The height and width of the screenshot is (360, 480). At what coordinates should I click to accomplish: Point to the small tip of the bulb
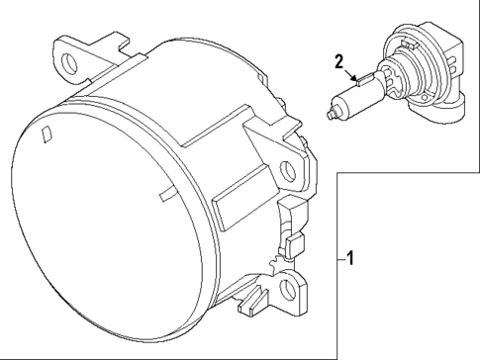pyautogui.click(x=329, y=116)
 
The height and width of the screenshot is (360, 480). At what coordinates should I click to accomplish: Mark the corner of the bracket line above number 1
pyautogui.click(x=337, y=174)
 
